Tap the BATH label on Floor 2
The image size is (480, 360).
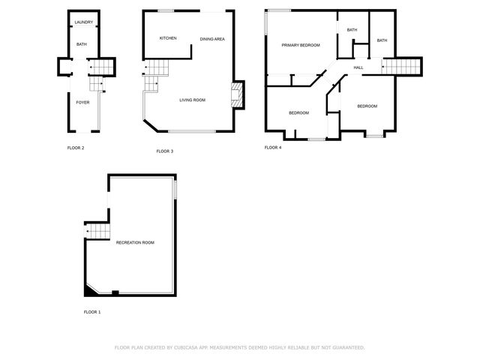point(82,44)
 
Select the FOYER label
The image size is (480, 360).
point(82,102)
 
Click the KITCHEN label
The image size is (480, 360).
point(168,38)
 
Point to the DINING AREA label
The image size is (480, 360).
point(212,39)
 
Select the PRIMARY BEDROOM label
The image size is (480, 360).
point(301,45)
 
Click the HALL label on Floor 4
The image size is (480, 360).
point(358,68)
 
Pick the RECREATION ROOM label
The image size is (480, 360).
point(135,242)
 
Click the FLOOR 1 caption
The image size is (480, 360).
point(91,311)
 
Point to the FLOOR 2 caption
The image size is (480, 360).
point(76,148)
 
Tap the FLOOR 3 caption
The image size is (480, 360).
point(165,151)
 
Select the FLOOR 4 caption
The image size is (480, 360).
point(273,148)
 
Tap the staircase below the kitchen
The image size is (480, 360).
point(154,73)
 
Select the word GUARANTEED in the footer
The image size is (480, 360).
point(346,347)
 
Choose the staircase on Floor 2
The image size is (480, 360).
point(102,68)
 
